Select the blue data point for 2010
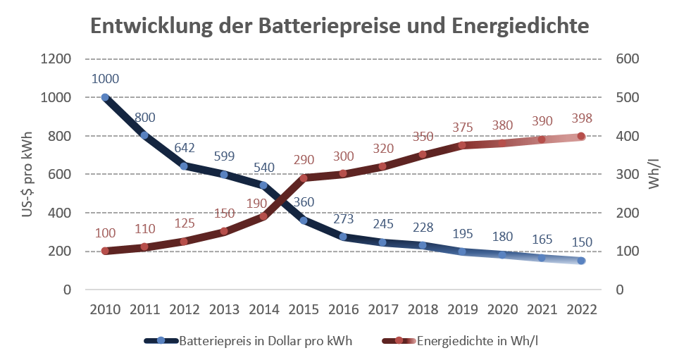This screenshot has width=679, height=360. pyautogui.click(x=105, y=97)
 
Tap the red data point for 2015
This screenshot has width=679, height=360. pyautogui.click(x=304, y=178)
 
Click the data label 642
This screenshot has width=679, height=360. pyautogui.click(x=185, y=147)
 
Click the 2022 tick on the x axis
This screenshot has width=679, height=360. pyautogui.click(x=581, y=310)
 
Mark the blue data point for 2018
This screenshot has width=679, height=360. pyautogui.click(x=423, y=245)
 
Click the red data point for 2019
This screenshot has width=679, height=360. pyautogui.click(x=462, y=146)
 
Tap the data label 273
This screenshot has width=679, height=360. pyautogui.click(x=343, y=218)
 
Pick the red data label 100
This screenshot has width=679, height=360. pyautogui.click(x=105, y=232)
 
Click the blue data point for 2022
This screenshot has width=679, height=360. pyautogui.click(x=581, y=261)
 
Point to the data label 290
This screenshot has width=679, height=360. pyautogui.click(x=304, y=159)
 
